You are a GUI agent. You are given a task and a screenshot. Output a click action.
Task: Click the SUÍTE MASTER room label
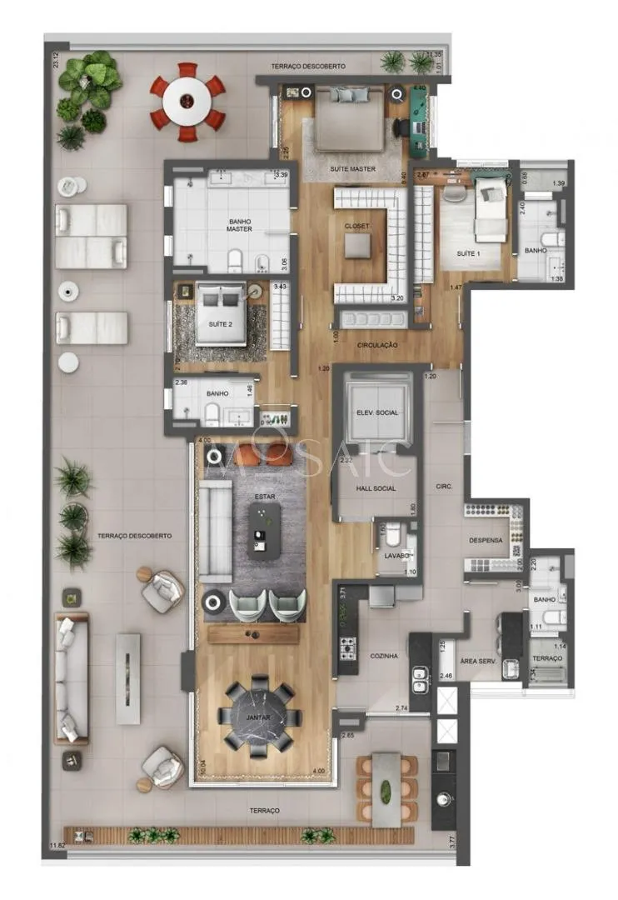tap(352, 169)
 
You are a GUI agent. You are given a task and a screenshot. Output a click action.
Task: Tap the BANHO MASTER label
tap(239, 226)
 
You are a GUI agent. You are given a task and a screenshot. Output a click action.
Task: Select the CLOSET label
tap(357, 226)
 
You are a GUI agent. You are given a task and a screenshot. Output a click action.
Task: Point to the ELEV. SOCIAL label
tap(376, 412)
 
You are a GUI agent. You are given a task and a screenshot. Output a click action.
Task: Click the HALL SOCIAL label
tap(375, 489)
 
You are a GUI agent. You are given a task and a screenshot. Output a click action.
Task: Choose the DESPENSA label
tap(486, 540)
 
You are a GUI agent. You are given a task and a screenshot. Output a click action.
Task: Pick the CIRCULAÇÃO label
tap(376, 345)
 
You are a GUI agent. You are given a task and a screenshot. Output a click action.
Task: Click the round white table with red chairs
tap(187, 102)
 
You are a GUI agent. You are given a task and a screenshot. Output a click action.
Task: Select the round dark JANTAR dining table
tap(259, 716)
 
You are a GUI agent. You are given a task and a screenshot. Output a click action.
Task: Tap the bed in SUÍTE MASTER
tap(350, 119)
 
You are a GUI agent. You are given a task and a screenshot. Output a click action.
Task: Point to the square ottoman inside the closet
tap(358, 246)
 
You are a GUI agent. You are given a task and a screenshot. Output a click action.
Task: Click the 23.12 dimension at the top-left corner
tap(55, 60)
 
